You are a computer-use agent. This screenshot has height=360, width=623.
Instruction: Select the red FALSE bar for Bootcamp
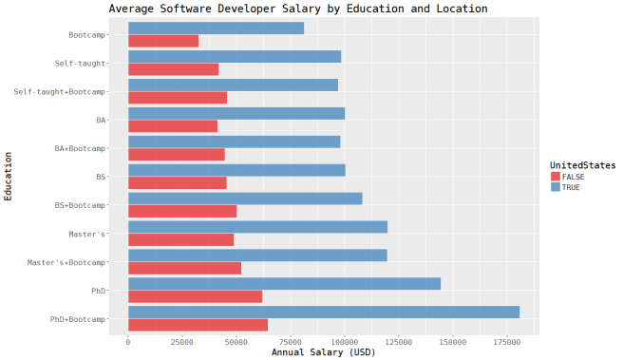[162, 42]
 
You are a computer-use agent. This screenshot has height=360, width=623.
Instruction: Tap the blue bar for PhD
[284, 283]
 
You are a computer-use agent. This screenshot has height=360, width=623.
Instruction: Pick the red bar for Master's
[180, 239]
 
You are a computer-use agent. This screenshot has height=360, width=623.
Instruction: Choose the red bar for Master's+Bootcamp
[184, 268]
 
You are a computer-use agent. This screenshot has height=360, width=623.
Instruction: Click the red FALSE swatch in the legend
[556, 177]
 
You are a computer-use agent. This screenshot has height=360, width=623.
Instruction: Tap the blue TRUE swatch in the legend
[556, 187]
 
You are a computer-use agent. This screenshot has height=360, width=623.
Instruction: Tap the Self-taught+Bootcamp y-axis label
[60, 92]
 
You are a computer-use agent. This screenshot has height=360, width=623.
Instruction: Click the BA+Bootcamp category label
[80, 148]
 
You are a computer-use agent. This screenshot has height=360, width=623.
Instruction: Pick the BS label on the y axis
[101, 177]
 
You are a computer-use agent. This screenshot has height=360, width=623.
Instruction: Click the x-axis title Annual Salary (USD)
[324, 352]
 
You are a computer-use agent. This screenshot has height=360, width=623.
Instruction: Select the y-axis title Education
[8, 176]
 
